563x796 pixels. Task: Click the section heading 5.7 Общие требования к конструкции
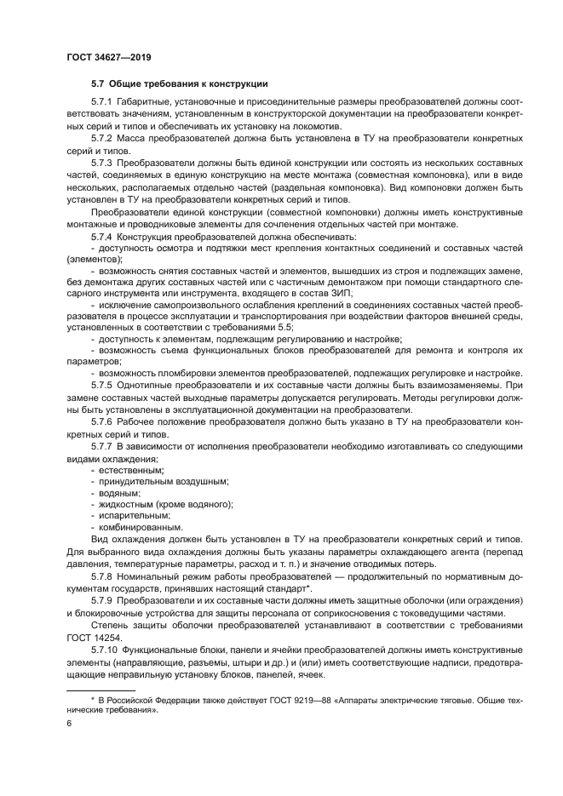(180, 84)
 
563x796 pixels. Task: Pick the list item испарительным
(135, 516)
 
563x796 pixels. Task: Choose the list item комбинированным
(141, 528)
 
